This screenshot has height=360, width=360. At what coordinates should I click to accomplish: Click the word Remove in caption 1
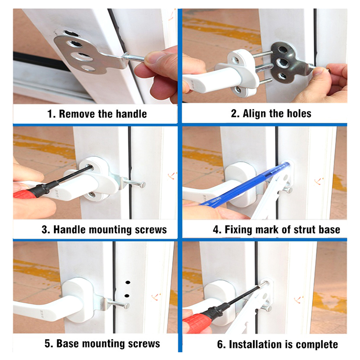(77, 114)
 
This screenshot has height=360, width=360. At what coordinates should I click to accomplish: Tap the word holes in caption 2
(299, 113)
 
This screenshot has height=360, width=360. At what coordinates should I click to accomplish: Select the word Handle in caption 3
(70, 229)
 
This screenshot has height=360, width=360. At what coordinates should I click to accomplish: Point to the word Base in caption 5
(68, 344)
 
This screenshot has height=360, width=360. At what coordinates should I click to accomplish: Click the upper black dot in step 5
(128, 282)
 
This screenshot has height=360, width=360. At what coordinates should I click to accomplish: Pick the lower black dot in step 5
(126, 296)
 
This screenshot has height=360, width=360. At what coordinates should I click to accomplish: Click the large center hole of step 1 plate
(81, 56)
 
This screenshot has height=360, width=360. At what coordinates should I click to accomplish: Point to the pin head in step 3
(143, 184)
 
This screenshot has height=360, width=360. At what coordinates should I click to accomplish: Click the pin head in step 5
(126, 306)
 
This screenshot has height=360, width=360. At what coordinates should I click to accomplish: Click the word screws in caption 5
(144, 344)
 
